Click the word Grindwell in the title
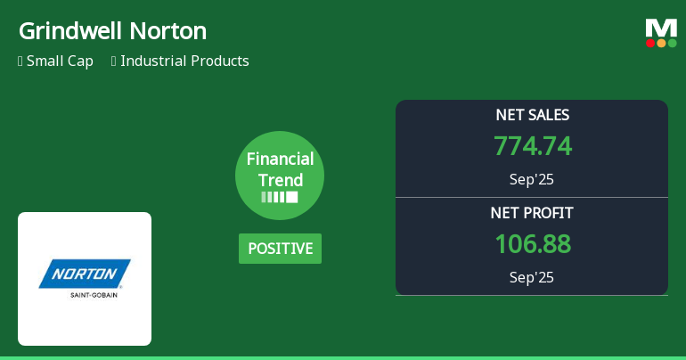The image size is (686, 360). [70, 31]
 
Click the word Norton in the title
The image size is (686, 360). [168, 31]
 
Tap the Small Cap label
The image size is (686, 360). [60, 61]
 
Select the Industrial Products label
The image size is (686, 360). [184, 61]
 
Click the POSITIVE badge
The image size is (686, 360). [280, 249]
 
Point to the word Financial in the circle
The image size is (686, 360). [280, 160]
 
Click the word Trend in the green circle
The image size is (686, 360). [280, 180]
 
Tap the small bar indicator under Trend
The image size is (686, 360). [280, 197]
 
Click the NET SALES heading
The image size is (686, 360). [532, 115]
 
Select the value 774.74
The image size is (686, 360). [532, 146]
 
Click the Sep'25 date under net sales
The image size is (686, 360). [532, 179]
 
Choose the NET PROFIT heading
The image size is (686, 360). [532, 213]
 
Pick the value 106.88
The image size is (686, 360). [532, 244]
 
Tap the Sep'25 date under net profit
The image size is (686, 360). [532, 277]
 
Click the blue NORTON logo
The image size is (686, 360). [85, 274]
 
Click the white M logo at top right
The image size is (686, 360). [661, 28]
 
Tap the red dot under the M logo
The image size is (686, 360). [650, 43]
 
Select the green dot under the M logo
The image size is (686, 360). [672, 43]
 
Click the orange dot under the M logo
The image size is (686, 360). [661, 43]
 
